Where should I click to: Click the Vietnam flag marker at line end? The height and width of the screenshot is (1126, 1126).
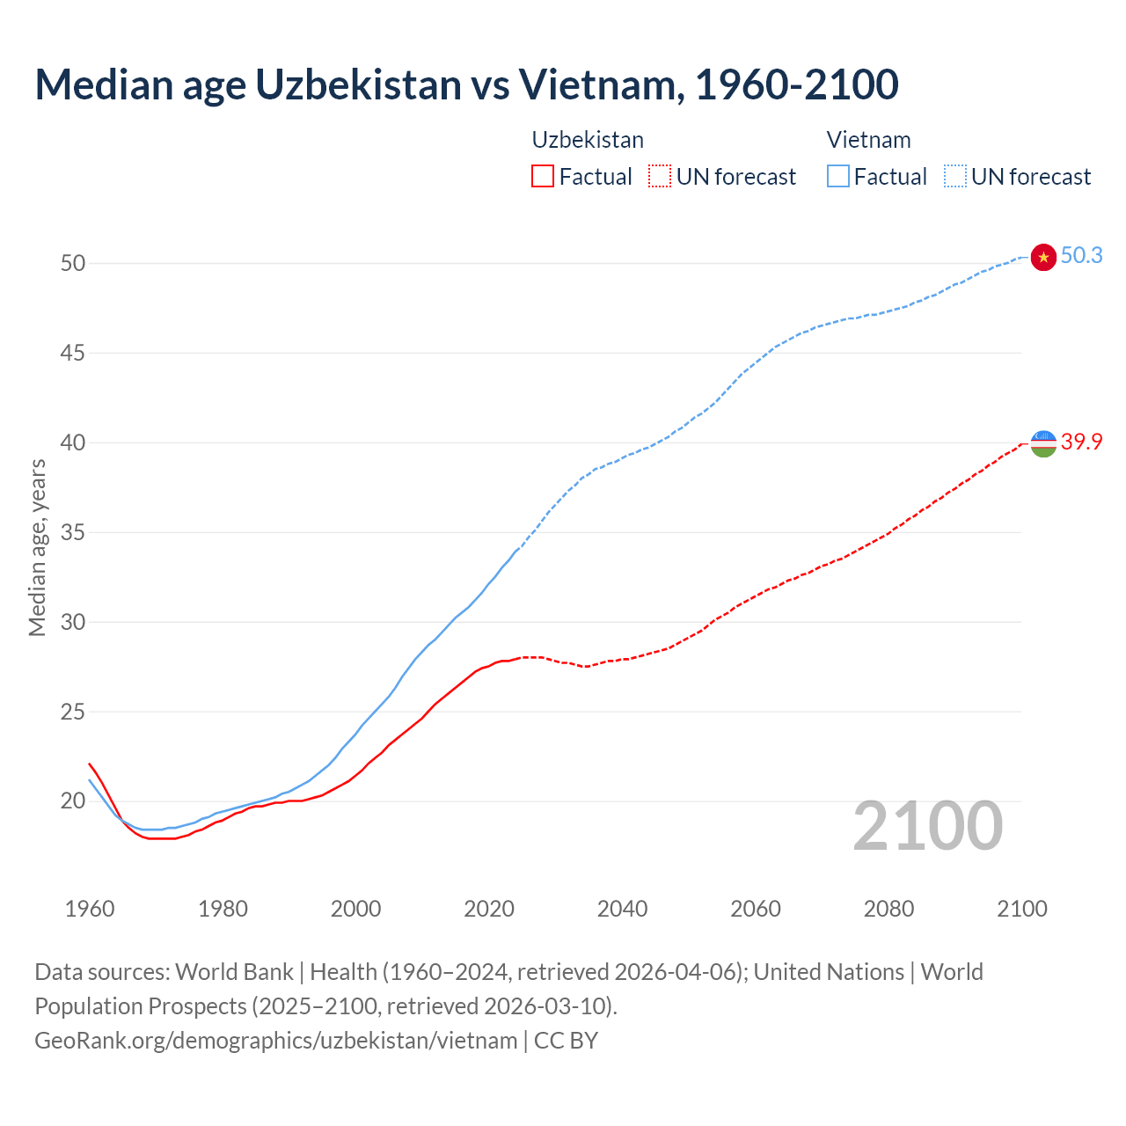pos(1042,257)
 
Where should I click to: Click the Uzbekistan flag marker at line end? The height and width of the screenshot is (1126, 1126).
pos(1042,442)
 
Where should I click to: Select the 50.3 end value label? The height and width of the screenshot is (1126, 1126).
pos(1081,256)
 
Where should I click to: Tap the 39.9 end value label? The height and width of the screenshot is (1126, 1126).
pos(1081,442)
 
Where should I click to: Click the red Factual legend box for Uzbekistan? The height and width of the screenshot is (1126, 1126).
pos(543,177)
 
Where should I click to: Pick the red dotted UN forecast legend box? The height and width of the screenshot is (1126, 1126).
pos(660,177)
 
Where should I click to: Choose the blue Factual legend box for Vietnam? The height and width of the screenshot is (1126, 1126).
pos(837,177)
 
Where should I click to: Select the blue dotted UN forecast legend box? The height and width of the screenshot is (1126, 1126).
pos(954,177)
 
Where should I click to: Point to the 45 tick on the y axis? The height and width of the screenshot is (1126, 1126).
pos(73,353)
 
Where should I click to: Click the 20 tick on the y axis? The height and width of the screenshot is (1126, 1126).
pos(73,801)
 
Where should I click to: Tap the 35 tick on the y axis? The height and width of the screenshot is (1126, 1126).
pos(73,532)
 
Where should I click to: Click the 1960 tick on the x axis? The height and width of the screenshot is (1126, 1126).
pos(90,909)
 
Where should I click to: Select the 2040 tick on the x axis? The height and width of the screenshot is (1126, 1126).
pos(622,909)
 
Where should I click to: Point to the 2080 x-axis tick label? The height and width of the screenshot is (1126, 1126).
pos(888,909)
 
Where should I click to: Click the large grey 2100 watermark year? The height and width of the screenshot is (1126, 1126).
pos(927,826)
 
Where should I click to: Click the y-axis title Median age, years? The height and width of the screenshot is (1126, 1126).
pos(37,547)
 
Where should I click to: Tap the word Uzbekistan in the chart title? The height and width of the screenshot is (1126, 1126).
pos(358,84)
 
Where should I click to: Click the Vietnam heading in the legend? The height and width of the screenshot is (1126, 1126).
pos(868,140)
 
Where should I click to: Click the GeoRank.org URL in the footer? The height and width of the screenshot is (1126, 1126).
pos(275,1041)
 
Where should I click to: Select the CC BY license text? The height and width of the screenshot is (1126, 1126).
pos(566,1041)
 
